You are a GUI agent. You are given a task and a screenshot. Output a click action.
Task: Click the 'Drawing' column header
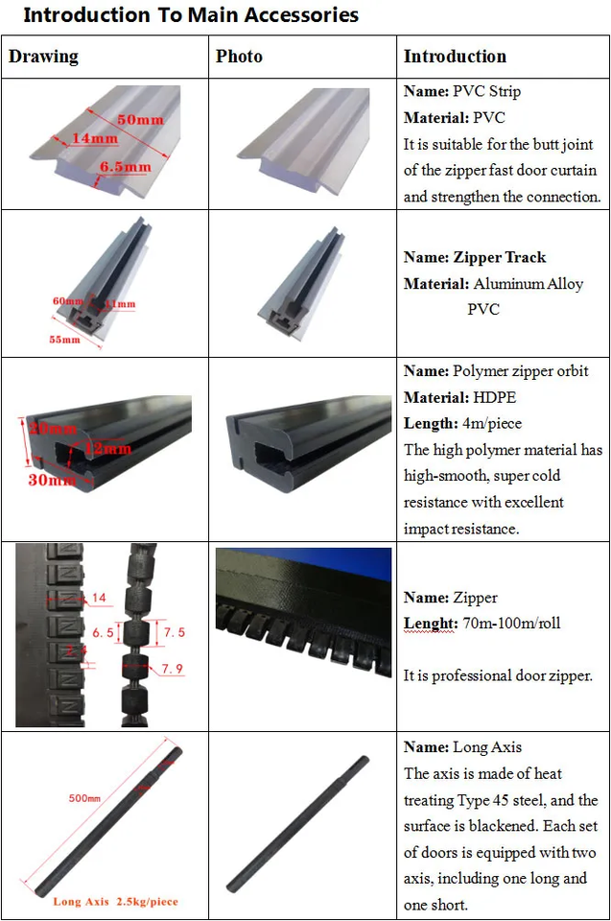click(43, 57)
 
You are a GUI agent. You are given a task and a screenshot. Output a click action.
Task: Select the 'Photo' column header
click(239, 57)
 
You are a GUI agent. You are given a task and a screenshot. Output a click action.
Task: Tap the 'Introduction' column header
click(455, 57)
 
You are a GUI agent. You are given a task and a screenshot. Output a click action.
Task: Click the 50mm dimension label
click(140, 119)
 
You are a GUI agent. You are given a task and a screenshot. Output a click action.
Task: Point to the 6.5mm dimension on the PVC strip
click(126, 167)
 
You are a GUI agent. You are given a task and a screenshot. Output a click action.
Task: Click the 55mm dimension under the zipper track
click(64, 340)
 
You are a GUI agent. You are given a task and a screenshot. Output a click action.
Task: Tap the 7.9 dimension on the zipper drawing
click(173, 668)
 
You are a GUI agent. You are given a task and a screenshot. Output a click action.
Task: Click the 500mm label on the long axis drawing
click(84, 797)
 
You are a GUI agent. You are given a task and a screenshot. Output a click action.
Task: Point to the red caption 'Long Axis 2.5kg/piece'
click(115, 902)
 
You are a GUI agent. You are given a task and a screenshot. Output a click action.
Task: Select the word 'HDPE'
click(495, 397)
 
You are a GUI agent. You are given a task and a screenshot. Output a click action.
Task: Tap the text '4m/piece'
click(497, 423)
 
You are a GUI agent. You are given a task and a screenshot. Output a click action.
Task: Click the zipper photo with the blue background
click(303, 611)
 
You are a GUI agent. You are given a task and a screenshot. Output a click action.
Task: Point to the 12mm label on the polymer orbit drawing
click(108, 448)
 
